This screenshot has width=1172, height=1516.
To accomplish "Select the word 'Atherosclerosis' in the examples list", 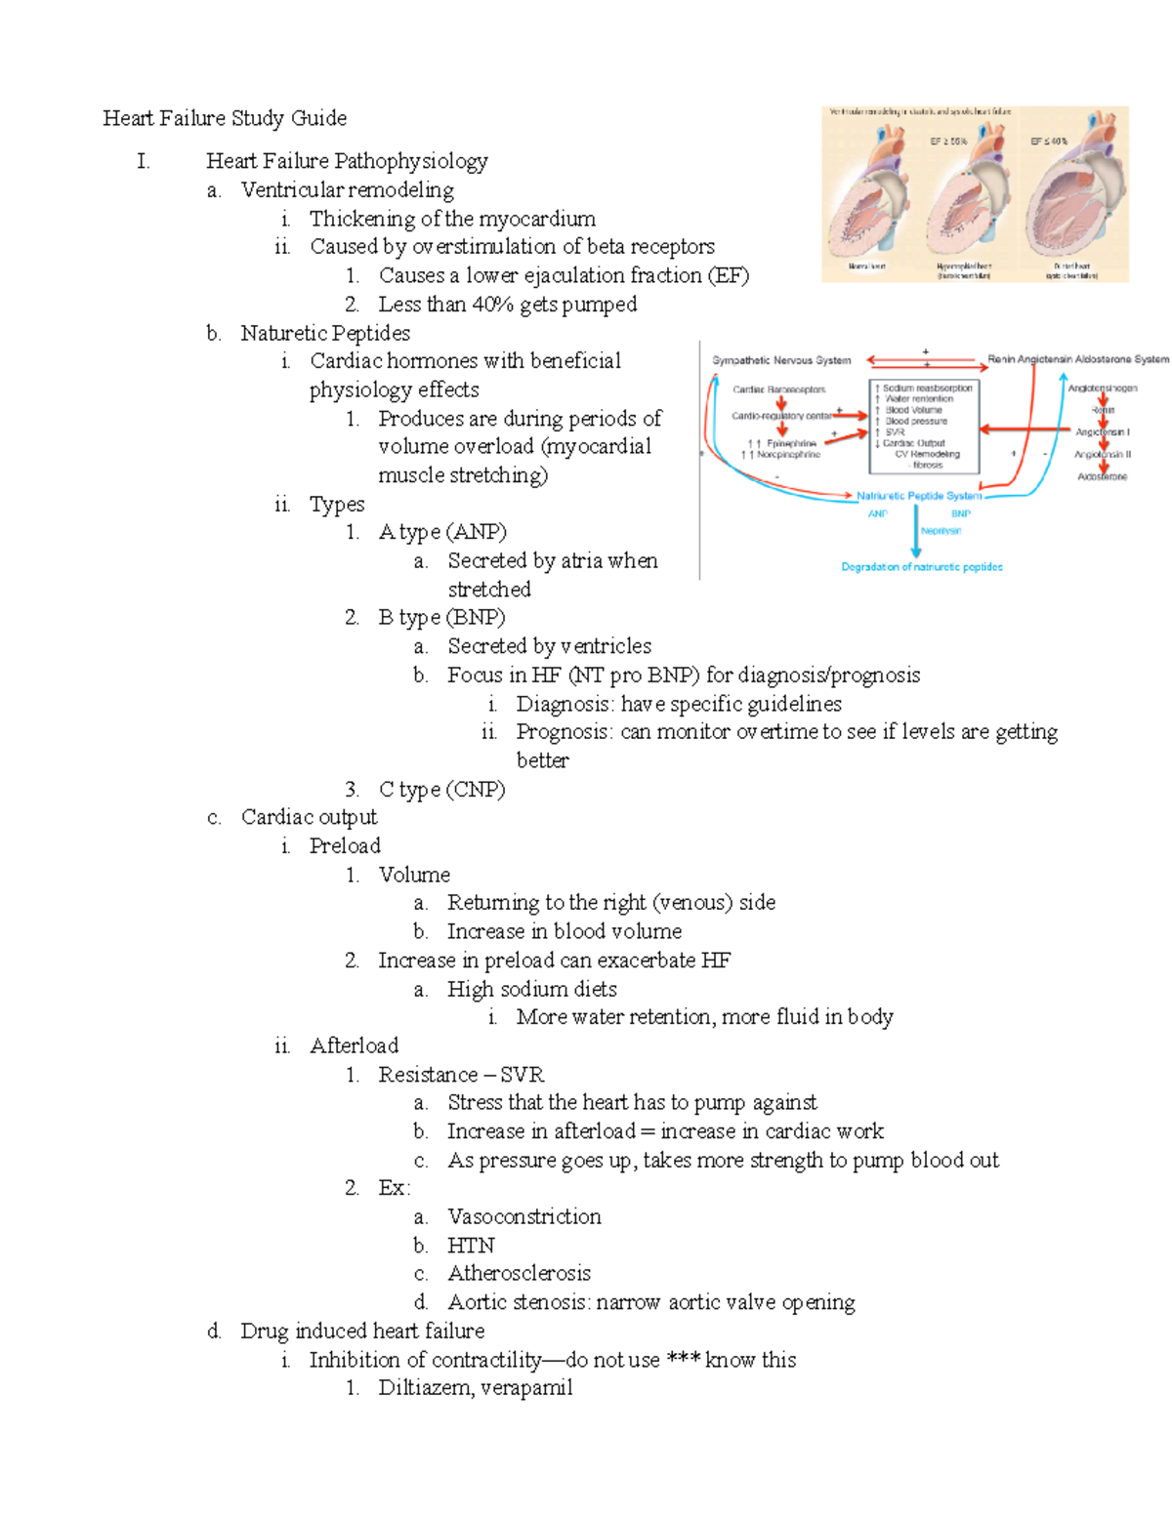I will [519, 1273].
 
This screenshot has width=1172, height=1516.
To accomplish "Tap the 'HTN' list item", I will [471, 1245].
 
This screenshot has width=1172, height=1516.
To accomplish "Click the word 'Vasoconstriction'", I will [524, 1216].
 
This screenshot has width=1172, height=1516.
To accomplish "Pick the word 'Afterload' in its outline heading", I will [354, 1045].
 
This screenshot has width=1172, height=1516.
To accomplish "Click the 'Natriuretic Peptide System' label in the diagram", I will [919, 496].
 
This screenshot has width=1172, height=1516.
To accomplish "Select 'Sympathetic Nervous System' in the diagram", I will [781, 360].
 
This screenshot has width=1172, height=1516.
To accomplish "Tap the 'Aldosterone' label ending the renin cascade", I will [1102, 477].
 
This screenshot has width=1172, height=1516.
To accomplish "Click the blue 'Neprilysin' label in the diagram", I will [942, 531].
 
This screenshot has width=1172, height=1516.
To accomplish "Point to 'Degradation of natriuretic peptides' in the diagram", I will [922, 567].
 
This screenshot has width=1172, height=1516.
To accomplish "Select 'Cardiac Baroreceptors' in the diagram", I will [778, 389].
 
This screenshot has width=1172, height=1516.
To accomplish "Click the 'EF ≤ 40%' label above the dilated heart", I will [1049, 142].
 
